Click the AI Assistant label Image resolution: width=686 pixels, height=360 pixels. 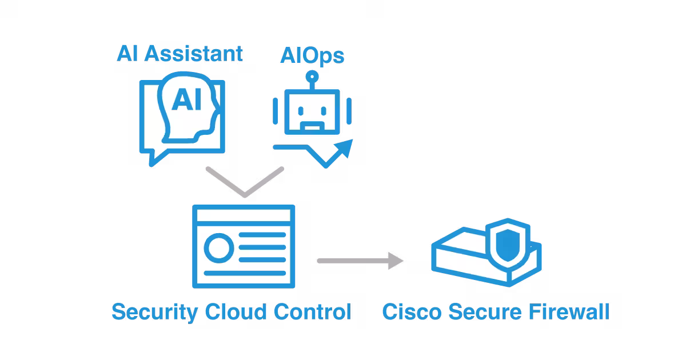click(x=180, y=54)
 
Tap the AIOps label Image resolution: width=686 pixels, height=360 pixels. click(x=313, y=57)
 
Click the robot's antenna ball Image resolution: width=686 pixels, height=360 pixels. click(x=312, y=76)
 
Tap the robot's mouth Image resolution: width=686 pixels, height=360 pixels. click(x=312, y=124)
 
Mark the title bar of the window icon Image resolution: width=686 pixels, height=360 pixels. click(x=244, y=215)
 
